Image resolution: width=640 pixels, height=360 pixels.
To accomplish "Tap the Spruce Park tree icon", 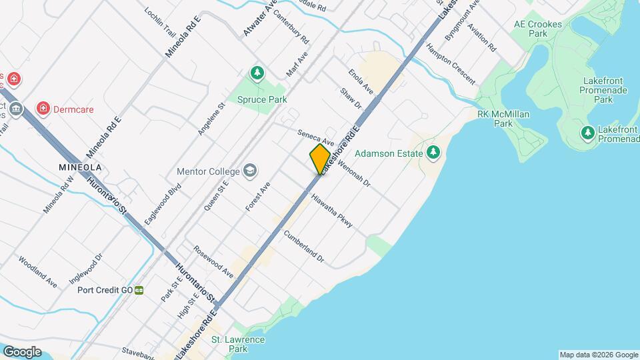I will click(257, 73).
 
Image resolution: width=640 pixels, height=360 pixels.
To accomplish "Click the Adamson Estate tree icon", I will click(433, 153).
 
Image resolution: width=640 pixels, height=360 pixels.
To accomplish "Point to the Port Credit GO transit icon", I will click(139, 290).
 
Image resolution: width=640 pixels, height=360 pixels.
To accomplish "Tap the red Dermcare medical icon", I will click(43, 109).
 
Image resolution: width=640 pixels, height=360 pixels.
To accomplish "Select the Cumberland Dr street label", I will click(303, 246).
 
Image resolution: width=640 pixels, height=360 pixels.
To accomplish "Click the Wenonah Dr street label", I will click(353, 172).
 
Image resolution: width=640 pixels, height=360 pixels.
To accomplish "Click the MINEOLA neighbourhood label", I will click(80, 167).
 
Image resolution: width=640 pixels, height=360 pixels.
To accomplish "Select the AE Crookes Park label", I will click(538, 28).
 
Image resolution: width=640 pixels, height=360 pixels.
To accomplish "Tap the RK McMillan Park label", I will click(503, 119).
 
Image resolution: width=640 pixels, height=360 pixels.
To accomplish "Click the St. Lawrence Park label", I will click(238, 344).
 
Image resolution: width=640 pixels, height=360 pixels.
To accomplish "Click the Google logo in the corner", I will click(22, 351).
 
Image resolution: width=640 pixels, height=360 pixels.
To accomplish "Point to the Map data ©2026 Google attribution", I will click(599, 355).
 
